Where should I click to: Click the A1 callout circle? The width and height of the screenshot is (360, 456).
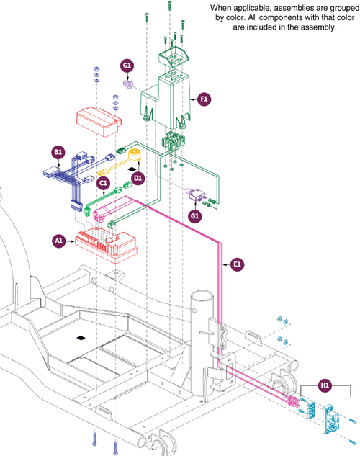(x=59, y=241)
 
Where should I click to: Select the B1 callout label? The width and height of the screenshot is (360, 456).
(x=58, y=152)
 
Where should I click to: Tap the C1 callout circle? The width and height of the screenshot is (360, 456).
(x=104, y=183)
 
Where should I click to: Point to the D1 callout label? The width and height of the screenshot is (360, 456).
(x=138, y=178)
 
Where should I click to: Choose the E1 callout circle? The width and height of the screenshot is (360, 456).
(x=237, y=264)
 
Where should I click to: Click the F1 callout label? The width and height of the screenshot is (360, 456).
(x=204, y=99)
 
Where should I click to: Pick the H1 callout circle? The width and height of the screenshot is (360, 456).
(x=325, y=385)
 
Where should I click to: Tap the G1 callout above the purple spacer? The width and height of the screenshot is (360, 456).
(x=127, y=66)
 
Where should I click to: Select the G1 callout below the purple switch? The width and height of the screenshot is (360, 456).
(x=194, y=216)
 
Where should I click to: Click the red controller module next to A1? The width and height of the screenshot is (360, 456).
(x=106, y=245)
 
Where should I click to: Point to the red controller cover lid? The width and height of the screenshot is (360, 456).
(x=99, y=122)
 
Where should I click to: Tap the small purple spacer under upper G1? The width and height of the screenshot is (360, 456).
(x=129, y=85)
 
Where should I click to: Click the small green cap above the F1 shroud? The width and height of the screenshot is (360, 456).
(x=174, y=58)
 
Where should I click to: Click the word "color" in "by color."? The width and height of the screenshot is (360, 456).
(x=238, y=18)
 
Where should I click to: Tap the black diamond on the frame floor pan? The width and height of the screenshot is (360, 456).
(x=81, y=338)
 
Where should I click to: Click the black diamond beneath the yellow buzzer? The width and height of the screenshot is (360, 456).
(x=132, y=169)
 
